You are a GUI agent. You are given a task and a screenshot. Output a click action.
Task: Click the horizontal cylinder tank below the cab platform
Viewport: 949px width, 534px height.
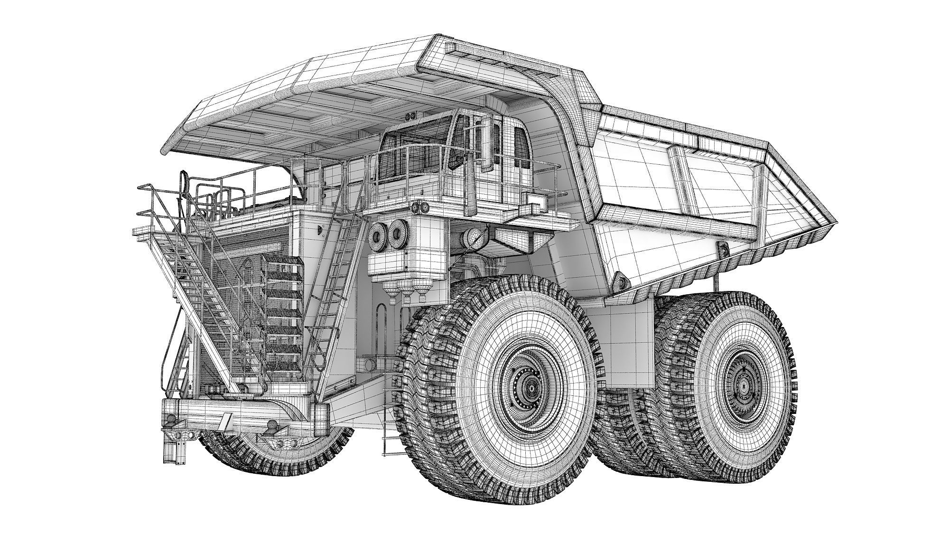474,237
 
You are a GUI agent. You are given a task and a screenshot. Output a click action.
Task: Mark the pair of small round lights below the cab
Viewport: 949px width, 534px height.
419,208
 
